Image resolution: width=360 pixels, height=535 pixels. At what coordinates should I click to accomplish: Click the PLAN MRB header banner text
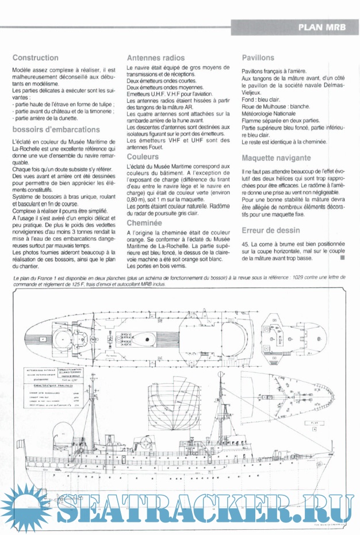[323, 26]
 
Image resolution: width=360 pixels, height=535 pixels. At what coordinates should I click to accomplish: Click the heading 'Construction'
[35, 58]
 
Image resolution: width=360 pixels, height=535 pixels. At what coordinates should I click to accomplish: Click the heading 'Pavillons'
[258, 58]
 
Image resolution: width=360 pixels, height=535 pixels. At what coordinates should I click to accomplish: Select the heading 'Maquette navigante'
[277, 157]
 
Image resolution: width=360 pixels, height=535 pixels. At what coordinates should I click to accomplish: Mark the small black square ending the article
[342, 258]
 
